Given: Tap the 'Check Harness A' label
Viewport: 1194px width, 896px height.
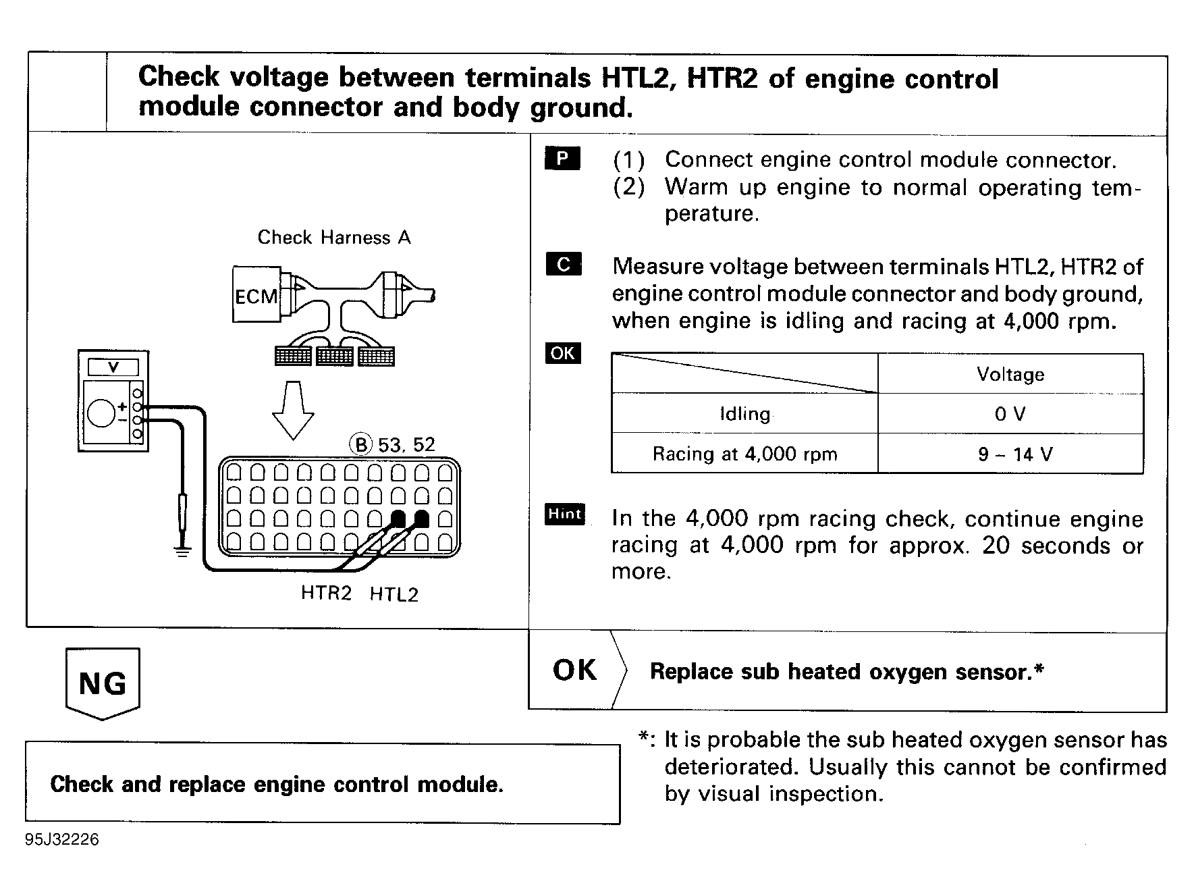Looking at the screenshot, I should [334, 238].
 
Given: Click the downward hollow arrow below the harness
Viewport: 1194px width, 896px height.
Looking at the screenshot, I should [292, 410].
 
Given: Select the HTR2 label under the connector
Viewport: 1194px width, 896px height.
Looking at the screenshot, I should [326, 593].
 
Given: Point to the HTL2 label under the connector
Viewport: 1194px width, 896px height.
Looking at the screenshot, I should [394, 594].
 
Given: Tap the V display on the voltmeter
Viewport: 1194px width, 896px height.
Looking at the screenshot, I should [113, 367].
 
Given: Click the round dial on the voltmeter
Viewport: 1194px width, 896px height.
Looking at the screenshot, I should [102, 413].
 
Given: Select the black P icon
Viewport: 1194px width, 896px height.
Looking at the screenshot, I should [562, 158].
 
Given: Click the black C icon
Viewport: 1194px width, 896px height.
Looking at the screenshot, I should [564, 264].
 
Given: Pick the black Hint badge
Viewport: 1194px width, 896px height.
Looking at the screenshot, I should [565, 515].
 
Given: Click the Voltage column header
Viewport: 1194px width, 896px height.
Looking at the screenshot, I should [1010, 374].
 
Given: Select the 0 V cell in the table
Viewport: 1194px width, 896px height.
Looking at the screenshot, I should [1010, 414].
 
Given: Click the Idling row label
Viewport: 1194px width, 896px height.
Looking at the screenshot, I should [744, 414].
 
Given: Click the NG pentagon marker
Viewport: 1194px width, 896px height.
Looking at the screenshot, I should [103, 683].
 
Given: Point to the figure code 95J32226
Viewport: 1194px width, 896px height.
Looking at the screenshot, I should [62, 839].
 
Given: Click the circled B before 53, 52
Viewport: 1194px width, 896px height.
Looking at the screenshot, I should [361, 444].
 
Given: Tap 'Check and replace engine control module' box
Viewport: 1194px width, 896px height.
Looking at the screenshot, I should [322, 784].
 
